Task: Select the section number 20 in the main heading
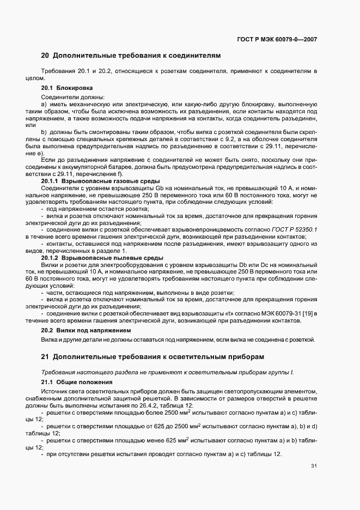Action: [x=45, y=55]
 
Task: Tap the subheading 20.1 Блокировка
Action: [x=67, y=88]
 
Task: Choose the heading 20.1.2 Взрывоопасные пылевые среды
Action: [x=101, y=257]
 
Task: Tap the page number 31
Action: [x=314, y=466]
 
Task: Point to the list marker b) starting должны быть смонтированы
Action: [x=44, y=132]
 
